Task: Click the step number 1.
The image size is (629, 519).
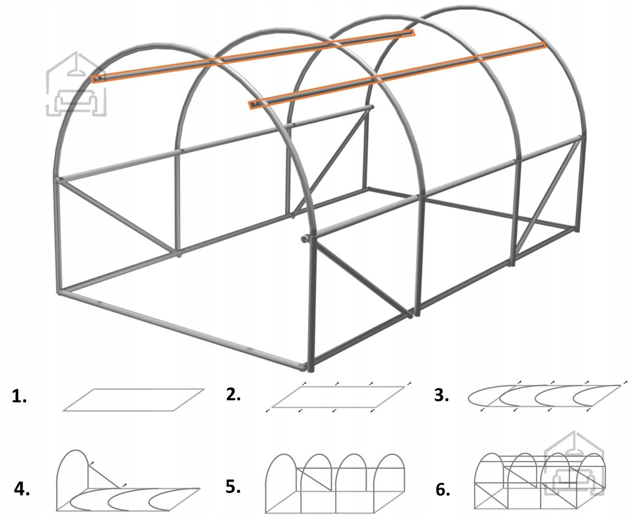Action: point(19,396)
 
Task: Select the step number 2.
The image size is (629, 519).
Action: point(233,394)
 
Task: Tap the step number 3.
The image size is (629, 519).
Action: point(441,395)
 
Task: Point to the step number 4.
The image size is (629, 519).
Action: point(22,489)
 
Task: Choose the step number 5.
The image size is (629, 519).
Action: point(233,487)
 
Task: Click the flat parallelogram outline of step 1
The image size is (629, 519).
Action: point(134,389)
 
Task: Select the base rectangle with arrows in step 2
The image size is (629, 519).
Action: point(338,387)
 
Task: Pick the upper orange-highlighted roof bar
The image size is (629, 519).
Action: point(253,56)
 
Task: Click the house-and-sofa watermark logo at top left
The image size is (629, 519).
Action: point(76,84)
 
